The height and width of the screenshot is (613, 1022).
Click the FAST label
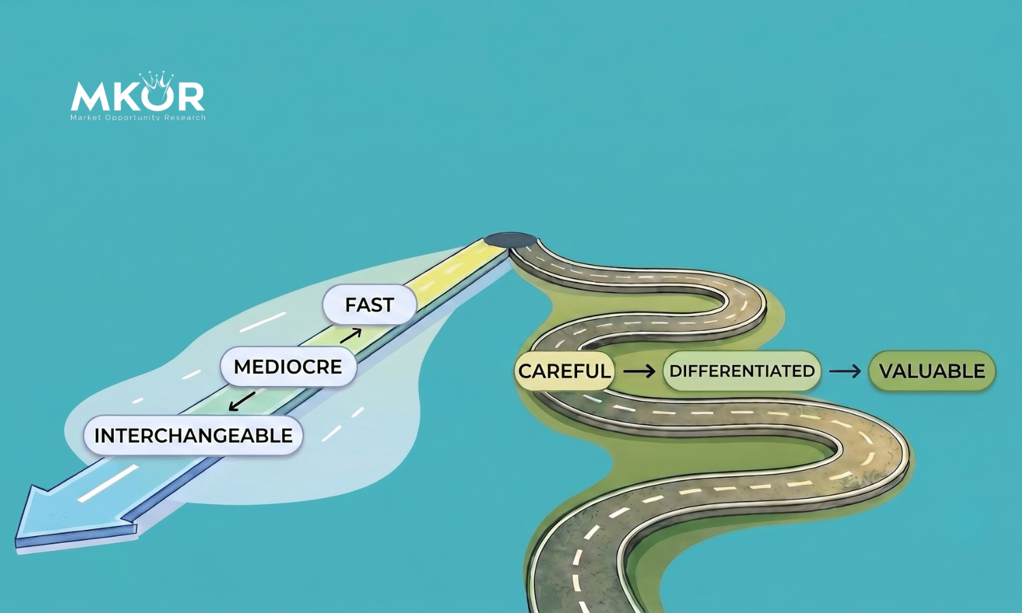tap(369, 304)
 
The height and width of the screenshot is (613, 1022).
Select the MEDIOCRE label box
tap(288, 366)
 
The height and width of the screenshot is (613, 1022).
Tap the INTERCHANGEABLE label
tap(193, 436)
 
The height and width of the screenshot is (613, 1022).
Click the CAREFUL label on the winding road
tap(564, 371)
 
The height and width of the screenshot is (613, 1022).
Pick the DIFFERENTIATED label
tap(742, 371)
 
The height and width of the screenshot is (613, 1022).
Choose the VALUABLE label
tap(931, 371)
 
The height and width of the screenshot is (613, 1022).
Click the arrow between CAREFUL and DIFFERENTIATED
tap(639, 371)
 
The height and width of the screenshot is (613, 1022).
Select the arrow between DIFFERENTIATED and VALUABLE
tap(845, 371)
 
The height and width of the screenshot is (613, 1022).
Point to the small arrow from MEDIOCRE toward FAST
tap(351, 335)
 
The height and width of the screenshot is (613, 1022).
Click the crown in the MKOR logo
tap(157, 82)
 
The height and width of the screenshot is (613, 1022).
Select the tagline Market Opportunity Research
tap(138, 118)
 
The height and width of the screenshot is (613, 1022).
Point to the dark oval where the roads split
tap(511, 240)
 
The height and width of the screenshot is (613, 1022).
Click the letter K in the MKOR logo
tap(124, 96)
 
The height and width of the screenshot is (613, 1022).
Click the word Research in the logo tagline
tap(187, 118)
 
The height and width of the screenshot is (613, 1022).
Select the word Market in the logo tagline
tap(86, 118)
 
